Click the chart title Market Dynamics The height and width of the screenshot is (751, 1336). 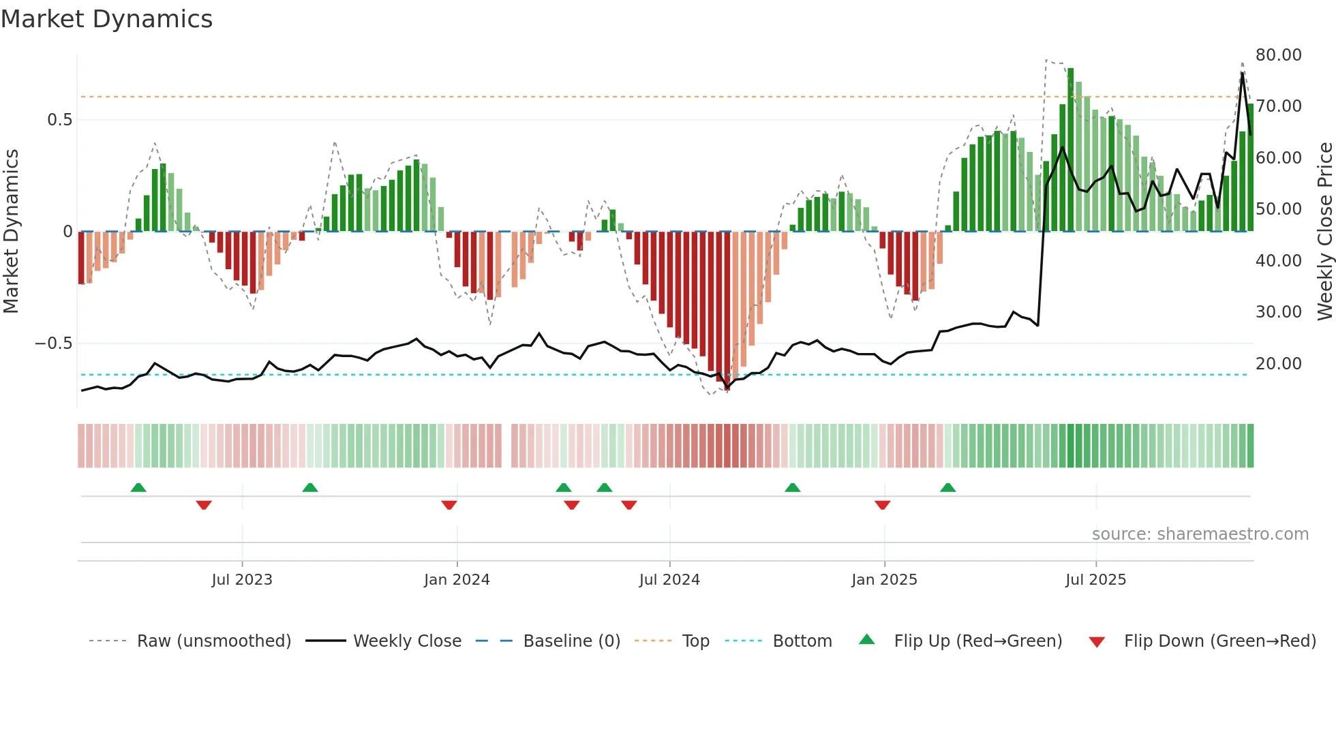pos(106,19)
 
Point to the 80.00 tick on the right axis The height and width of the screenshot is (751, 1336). pos(1278,55)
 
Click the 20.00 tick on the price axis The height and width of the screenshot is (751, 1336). pos(1278,364)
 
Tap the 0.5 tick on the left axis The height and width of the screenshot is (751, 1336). pos(59,120)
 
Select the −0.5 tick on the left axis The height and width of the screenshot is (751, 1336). pos(54,343)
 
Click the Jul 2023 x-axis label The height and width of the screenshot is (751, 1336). pos(241,580)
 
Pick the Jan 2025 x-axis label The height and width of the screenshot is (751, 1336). pos(884,580)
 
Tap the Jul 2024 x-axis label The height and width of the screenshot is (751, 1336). pos(669,580)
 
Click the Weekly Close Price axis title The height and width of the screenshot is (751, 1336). pos(1324,232)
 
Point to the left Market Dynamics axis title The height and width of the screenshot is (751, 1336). pos(11,232)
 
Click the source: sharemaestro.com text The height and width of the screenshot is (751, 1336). pos(1200,534)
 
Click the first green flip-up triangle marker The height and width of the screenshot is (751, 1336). pos(138,487)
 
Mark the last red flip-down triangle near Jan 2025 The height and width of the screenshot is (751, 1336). pos(882,505)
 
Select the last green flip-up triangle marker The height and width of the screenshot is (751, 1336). pos(947,487)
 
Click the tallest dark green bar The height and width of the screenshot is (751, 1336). pos(1071,150)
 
